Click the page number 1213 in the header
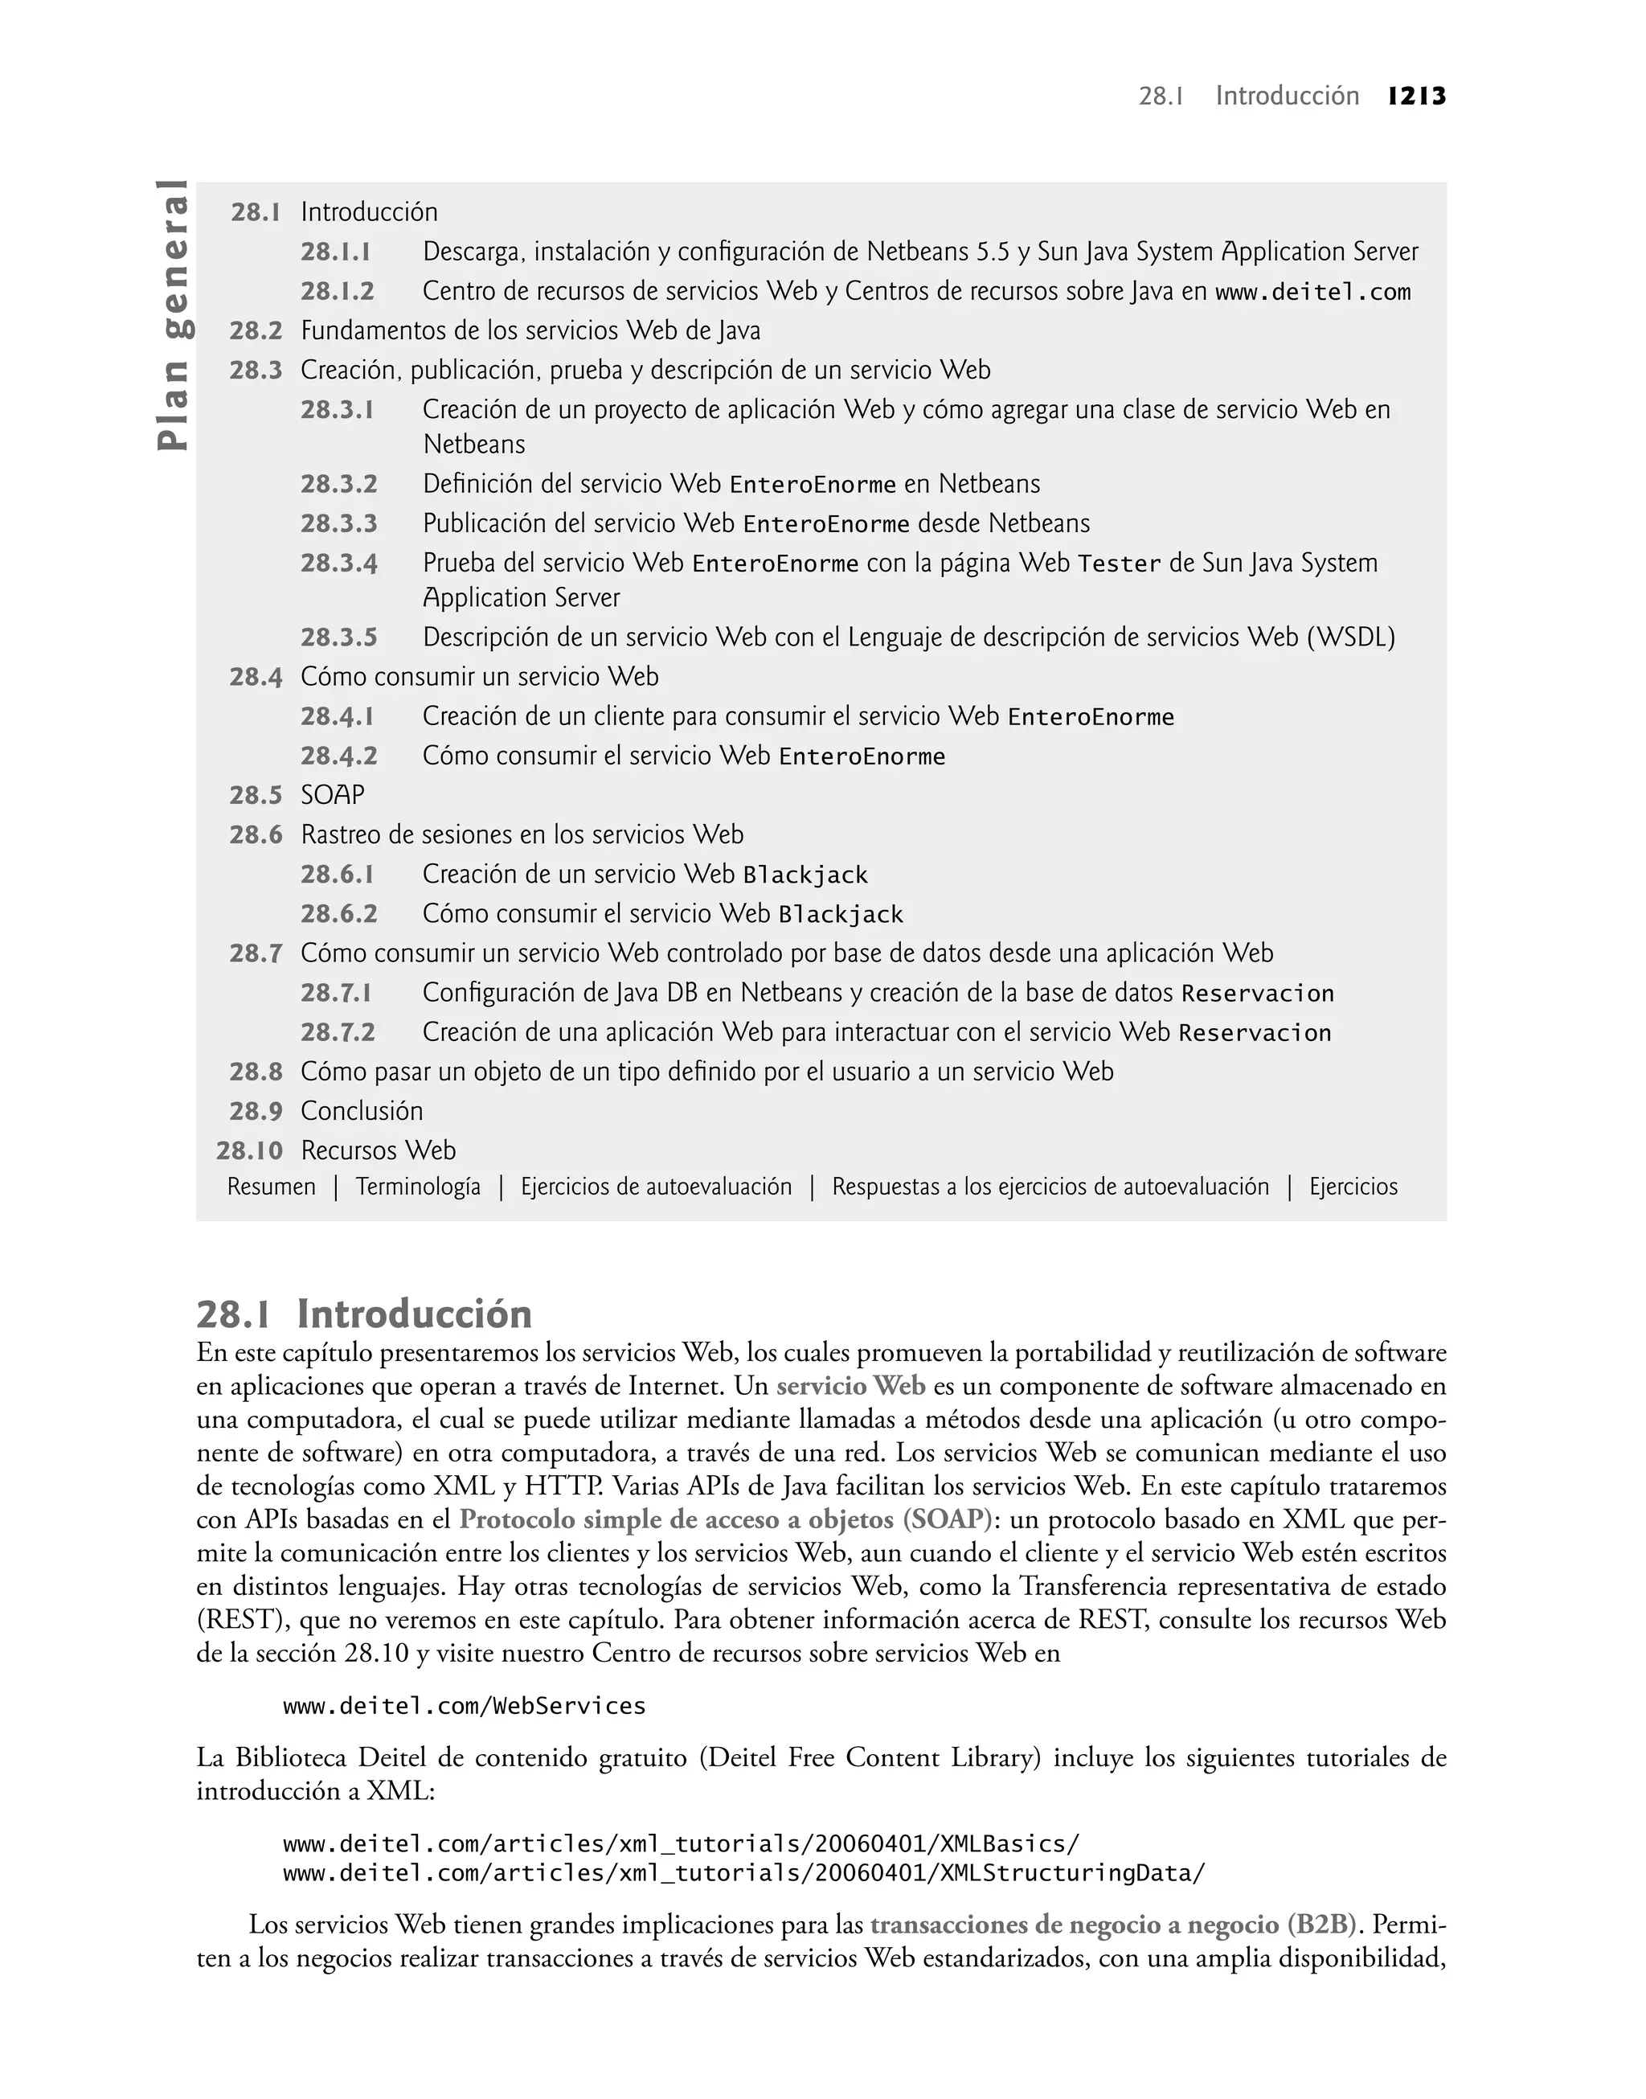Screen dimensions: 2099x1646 1417,96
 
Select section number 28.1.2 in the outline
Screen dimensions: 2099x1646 338,291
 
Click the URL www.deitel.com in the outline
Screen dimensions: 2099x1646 1312,292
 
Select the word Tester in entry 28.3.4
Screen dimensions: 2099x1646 1119,564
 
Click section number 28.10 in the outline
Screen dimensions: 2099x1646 250,1150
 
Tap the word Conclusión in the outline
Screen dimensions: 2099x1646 362,1111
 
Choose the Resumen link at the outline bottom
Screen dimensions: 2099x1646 271,1187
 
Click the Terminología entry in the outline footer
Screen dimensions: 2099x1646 418,1187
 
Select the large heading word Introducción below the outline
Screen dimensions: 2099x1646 415,1314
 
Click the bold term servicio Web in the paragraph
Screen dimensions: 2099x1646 850,1387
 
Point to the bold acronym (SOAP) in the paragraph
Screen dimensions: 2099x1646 948,1520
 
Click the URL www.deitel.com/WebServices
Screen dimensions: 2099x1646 464,1707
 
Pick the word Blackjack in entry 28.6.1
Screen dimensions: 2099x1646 805,875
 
